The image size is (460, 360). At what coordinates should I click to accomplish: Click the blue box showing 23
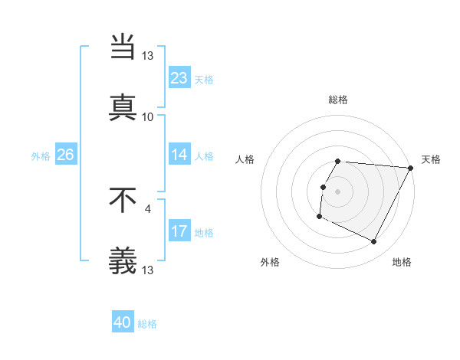point(179,78)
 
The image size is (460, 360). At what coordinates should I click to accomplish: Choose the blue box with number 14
point(179,155)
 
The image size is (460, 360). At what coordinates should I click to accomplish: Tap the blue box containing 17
point(179,231)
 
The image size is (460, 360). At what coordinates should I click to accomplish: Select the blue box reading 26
point(65,155)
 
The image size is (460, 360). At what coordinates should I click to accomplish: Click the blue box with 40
point(123,322)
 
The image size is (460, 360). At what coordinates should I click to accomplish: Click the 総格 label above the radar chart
point(338,100)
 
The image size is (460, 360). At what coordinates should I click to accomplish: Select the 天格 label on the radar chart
point(431,159)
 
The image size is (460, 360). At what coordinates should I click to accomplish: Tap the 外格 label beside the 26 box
point(41,155)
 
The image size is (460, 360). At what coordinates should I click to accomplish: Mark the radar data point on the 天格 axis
point(410,168)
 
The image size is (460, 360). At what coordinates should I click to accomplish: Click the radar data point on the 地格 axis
point(374,242)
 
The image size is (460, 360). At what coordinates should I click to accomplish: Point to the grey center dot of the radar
point(338,191)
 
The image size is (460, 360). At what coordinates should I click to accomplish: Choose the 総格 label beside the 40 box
point(147,324)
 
